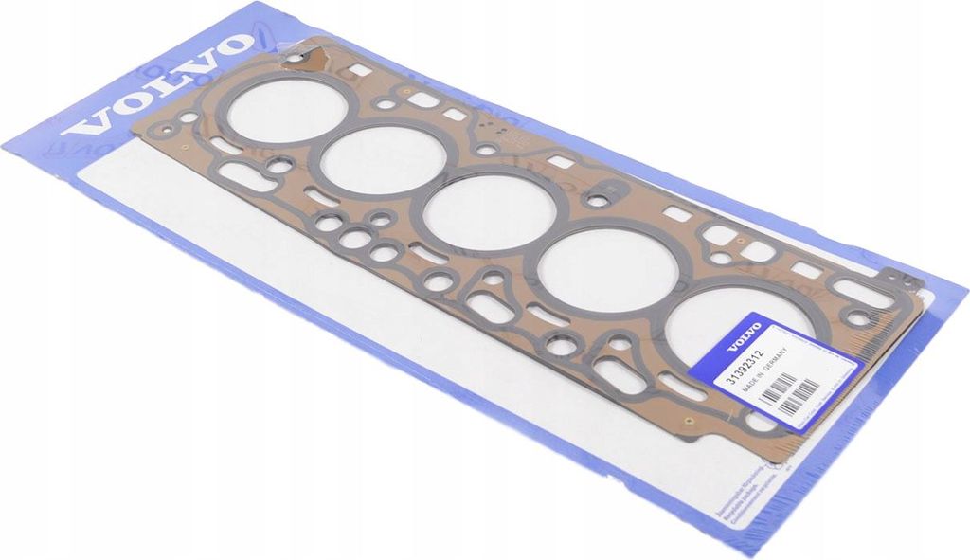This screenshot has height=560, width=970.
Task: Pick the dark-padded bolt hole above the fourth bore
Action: (598, 200)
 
